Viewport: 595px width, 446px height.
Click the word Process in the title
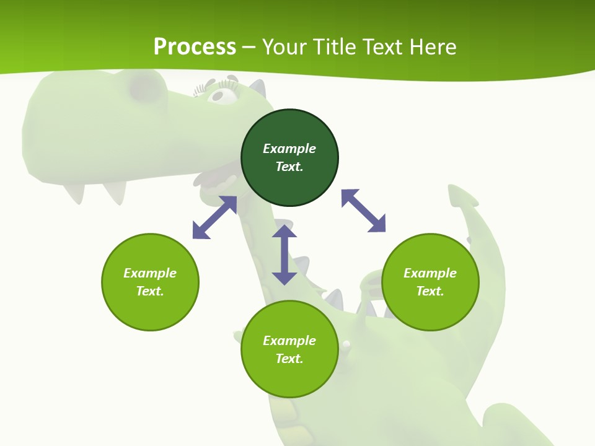(x=195, y=46)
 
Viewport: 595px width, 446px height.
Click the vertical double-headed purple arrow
(x=284, y=255)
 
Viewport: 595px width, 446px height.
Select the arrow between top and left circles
(x=214, y=217)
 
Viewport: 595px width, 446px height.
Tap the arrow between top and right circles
(x=363, y=211)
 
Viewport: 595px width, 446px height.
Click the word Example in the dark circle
(x=289, y=149)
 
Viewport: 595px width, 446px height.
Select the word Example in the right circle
(x=430, y=273)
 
